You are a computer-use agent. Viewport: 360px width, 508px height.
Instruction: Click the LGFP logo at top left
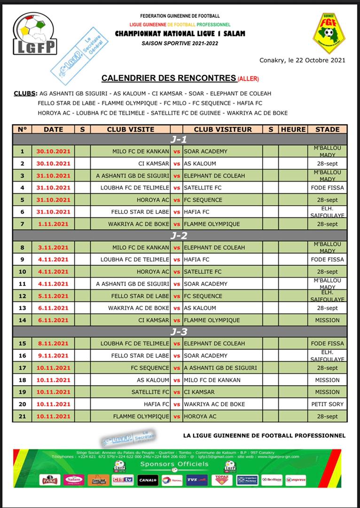[35, 34]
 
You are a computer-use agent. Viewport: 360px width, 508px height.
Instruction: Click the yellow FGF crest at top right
[329, 33]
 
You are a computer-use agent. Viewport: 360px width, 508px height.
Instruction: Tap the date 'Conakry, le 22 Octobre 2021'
[302, 60]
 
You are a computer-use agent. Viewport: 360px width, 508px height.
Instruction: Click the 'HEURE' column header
[293, 129]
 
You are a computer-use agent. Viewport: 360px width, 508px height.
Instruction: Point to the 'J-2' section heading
[179, 236]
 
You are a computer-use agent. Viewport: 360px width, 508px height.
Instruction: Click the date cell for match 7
[54, 224]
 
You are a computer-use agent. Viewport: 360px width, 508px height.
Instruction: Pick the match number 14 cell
[22, 320]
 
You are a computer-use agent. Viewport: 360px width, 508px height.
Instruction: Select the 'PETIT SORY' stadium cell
[328, 404]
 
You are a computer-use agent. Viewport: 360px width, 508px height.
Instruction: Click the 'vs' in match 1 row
[177, 151]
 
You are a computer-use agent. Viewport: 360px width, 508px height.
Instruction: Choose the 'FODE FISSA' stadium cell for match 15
[328, 343]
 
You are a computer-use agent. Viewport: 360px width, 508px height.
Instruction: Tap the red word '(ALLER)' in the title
[248, 79]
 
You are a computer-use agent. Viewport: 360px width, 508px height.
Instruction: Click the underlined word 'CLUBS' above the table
[23, 94]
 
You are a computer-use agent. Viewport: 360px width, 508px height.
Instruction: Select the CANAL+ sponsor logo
[148, 480]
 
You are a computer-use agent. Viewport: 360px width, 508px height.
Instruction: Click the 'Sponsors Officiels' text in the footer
[174, 464]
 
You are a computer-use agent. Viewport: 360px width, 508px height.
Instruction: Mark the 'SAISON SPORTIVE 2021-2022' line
[180, 43]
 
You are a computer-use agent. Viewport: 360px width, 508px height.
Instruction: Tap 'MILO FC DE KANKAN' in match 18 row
[212, 380]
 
